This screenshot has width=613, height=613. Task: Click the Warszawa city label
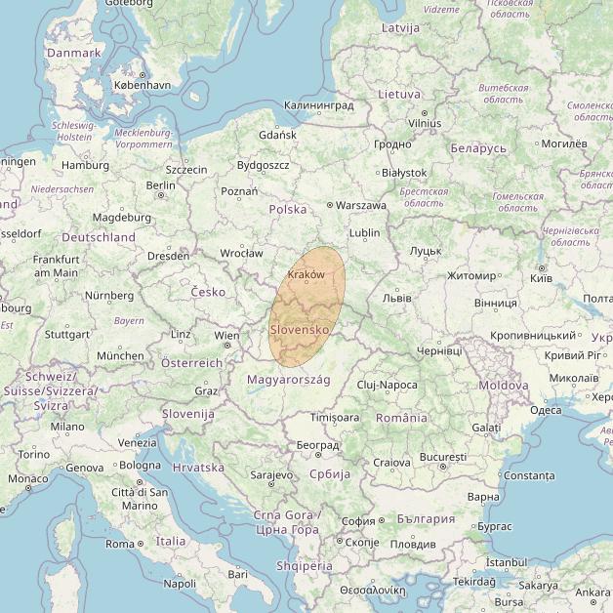361,206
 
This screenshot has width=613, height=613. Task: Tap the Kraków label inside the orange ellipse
306,275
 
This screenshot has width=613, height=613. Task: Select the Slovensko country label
300,330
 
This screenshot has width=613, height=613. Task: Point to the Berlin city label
160,185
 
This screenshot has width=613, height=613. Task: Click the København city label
142,86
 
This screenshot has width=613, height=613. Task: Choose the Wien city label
226,335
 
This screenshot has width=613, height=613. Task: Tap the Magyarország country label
289,379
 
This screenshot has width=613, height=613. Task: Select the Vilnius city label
424,124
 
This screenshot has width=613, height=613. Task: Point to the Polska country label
288,210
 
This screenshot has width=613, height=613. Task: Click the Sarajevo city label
271,475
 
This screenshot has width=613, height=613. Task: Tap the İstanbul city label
506,562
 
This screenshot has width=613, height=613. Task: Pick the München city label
119,356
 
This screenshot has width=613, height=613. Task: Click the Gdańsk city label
278,135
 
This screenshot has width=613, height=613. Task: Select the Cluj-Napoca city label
387,386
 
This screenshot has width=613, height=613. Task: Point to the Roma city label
119,544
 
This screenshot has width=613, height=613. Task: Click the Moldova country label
504,386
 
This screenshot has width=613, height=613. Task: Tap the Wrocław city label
241,253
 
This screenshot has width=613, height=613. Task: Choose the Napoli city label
180,584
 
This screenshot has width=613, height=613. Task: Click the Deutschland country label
99,237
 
